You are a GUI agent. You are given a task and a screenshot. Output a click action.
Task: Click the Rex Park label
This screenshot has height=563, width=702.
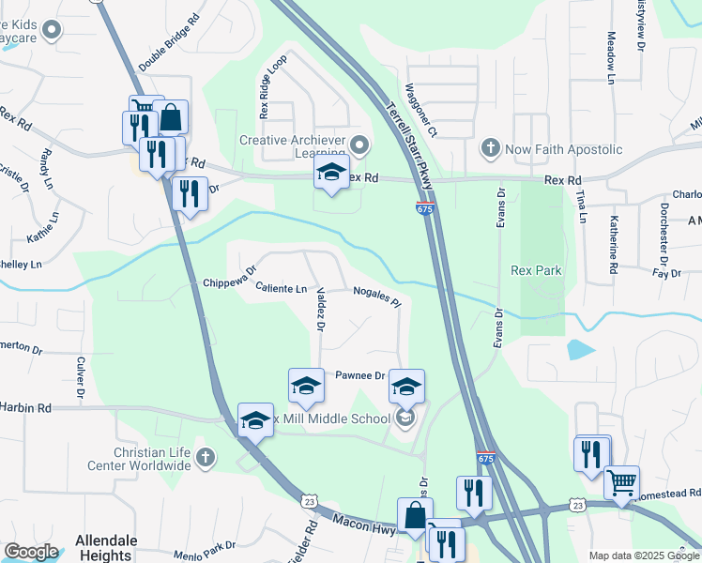[536, 270]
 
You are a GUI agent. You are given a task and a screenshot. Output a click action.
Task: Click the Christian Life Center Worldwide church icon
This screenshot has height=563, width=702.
[206, 459]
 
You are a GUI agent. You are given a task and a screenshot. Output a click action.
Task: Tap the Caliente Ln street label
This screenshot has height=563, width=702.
[282, 288]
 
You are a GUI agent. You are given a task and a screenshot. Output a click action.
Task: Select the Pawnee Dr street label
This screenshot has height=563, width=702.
[360, 375]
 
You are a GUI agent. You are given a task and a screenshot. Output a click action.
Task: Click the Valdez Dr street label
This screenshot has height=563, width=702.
[321, 310]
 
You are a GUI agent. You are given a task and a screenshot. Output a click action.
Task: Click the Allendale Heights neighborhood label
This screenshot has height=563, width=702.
[105, 548]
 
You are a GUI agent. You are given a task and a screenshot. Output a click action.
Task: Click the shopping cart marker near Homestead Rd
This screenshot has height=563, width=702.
[621, 483]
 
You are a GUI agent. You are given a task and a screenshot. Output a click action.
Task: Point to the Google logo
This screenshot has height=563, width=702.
[31, 552]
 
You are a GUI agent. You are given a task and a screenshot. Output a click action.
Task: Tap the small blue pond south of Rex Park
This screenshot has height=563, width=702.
[580, 350]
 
